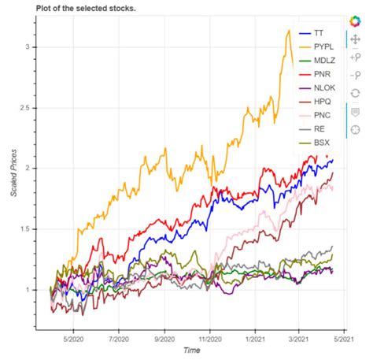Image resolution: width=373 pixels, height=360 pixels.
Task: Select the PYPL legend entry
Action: (x=322, y=48)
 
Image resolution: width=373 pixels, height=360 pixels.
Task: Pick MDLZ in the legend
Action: (x=323, y=64)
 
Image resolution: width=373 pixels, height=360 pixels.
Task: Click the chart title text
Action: (x=86, y=7)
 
